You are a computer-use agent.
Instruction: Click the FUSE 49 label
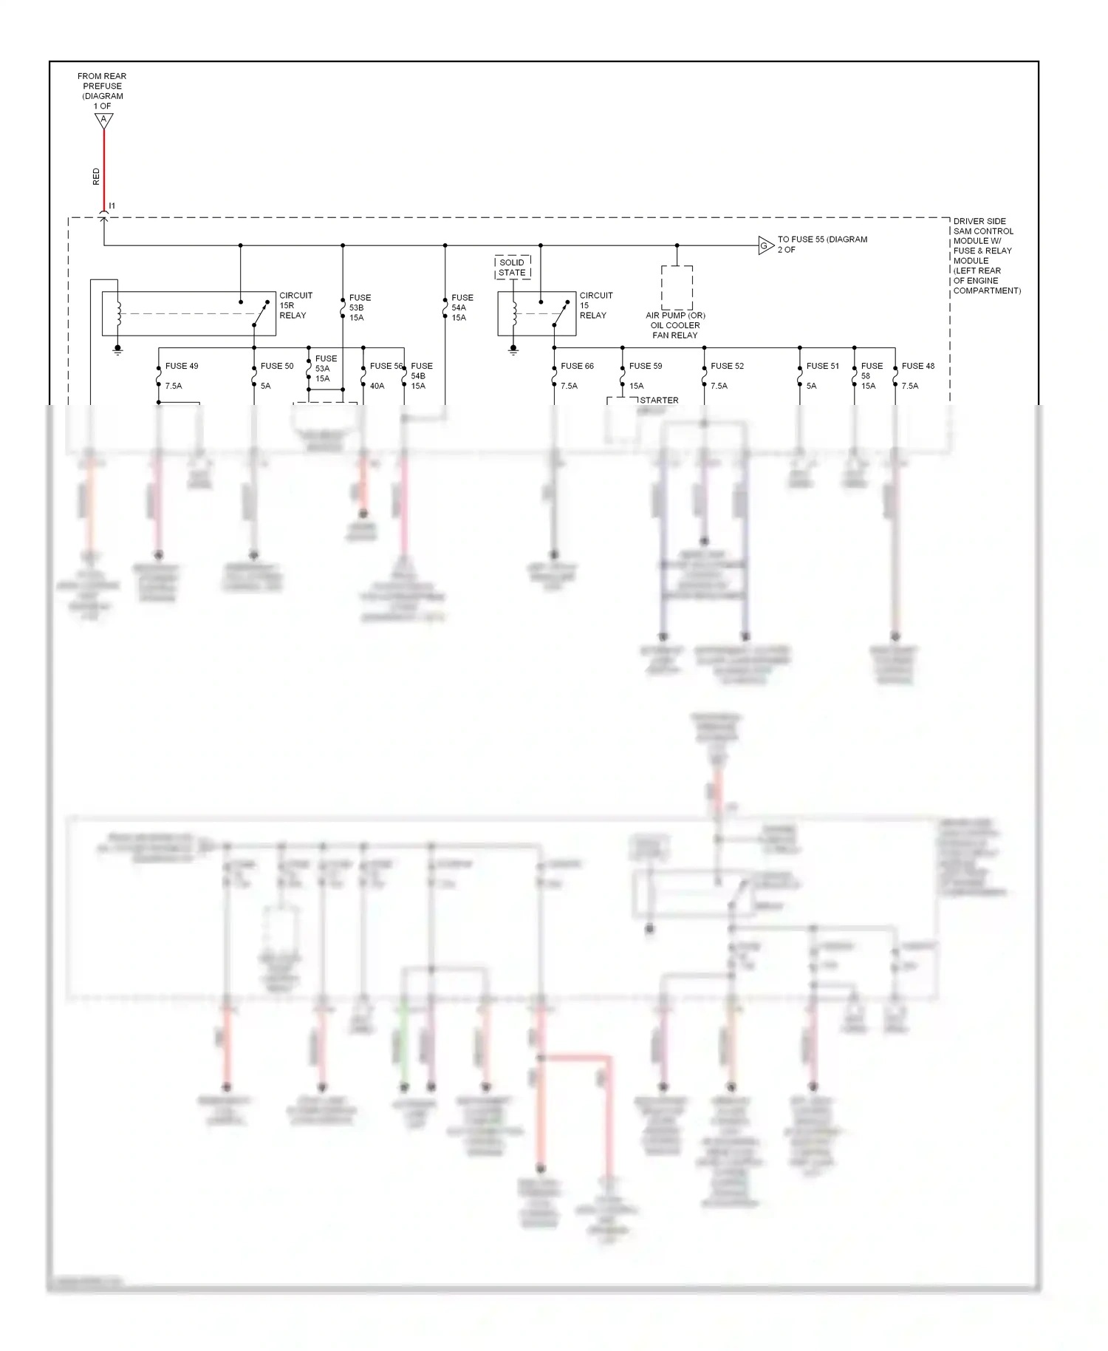pos(182,366)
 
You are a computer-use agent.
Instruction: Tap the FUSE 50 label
pos(277,366)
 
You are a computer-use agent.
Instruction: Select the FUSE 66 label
pos(577,366)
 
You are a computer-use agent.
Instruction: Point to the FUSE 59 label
pos(646,366)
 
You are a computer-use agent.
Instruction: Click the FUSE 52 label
pos(727,366)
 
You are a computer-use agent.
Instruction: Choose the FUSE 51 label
pos(823,366)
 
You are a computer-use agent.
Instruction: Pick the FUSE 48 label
pos(918,366)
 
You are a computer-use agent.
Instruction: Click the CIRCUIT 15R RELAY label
pos(295,305)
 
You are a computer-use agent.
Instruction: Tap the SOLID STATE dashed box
pos(512,268)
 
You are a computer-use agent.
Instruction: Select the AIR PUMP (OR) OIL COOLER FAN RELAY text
pos(675,325)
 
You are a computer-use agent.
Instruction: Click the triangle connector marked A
pos(104,120)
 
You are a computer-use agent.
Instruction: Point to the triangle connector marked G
pos(765,246)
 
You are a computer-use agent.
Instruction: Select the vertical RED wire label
pos(96,177)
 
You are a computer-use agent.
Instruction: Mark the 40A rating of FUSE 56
pos(377,386)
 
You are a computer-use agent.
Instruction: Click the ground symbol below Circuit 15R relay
pos(117,351)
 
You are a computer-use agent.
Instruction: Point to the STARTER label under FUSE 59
pos(659,401)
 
